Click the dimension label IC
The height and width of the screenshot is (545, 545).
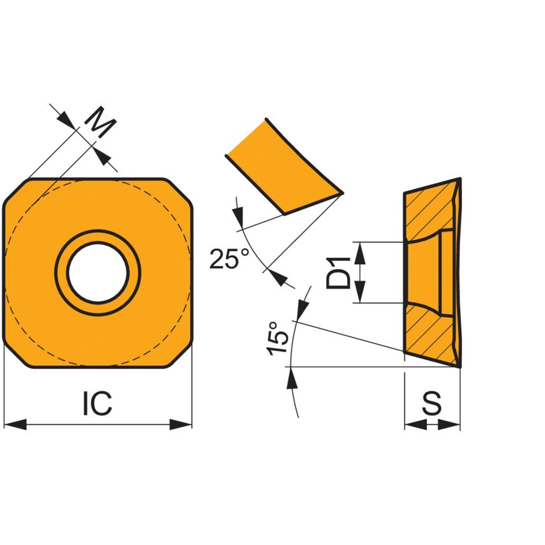(97, 403)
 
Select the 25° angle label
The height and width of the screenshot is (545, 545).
(230, 258)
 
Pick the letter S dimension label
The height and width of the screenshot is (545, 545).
(433, 403)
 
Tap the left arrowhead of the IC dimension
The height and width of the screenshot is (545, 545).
(14, 424)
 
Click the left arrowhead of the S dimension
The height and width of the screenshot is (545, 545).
(414, 424)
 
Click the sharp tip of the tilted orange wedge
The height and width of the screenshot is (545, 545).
(341, 192)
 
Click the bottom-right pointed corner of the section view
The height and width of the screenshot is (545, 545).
(459, 366)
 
